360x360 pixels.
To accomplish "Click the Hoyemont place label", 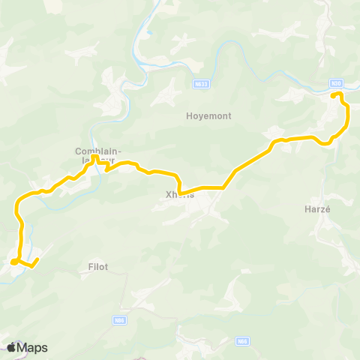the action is (x=208, y=116).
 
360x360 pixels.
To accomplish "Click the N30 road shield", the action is (x=336, y=82).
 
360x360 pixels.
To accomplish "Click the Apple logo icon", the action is (x=12, y=347).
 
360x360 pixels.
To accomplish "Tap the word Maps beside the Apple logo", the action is (x=33, y=348).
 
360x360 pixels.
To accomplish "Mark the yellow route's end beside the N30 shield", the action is (x=334, y=94).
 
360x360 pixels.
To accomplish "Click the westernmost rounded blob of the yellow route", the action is (x=14, y=262).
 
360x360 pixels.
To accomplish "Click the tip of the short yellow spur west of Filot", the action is (x=36, y=259).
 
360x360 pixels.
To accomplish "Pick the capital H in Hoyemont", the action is (x=189, y=116).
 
